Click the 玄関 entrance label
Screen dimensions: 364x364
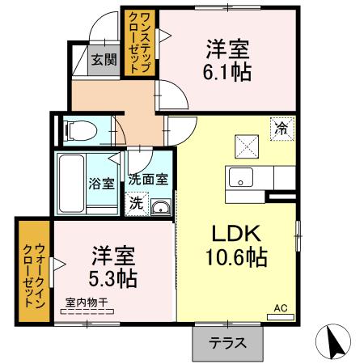(103, 59)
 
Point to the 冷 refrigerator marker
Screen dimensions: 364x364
(281, 128)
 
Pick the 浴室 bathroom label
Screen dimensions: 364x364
(101, 183)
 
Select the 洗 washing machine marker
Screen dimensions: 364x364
(136, 203)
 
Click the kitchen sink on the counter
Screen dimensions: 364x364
(239, 177)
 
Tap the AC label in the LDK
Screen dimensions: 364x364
(280, 308)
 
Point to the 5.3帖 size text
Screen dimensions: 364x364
(112, 277)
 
